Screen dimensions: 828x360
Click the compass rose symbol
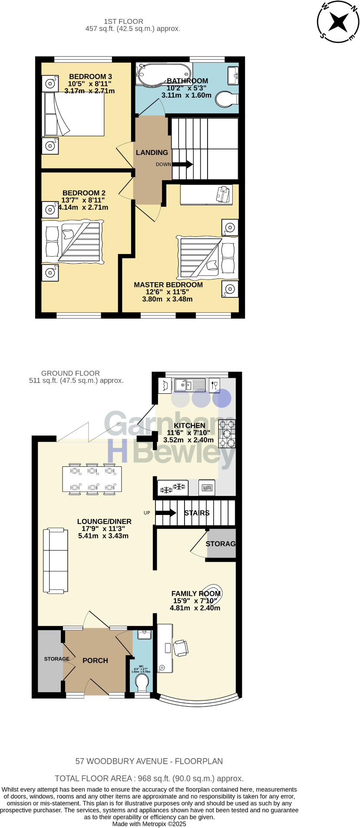(338, 21)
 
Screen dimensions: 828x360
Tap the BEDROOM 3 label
(90, 77)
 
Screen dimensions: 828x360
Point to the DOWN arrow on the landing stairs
(183, 165)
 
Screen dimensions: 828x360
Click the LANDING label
(152, 152)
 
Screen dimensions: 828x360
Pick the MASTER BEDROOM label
(168, 285)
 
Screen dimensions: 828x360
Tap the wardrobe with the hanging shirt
(206, 194)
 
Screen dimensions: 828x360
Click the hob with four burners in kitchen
(227, 434)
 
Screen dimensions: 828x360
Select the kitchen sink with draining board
(189, 385)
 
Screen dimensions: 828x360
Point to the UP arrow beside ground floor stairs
(165, 513)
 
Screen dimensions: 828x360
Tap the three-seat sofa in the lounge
(55, 560)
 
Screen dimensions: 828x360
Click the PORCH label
(95, 660)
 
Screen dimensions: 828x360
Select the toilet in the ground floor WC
(142, 682)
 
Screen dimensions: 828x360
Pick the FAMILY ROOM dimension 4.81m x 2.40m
(195, 608)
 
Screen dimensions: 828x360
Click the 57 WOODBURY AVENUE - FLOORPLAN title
(149, 761)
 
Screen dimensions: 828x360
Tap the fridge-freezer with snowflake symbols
(172, 488)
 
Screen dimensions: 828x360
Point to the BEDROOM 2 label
(84, 193)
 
